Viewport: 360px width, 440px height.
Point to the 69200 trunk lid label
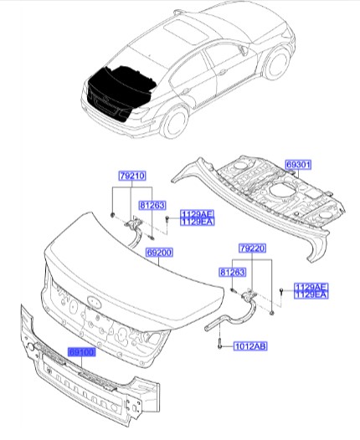coord(160,250)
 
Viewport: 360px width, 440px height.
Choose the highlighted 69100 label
coord(84,353)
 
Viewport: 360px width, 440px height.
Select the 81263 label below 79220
coord(232,272)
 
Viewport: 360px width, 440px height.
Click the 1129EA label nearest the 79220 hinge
coord(310,294)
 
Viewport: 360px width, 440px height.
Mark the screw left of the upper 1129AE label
coord(167,218)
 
